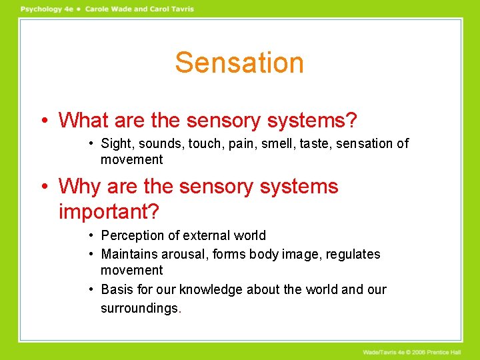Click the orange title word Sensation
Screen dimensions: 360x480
click(x=239, y=63)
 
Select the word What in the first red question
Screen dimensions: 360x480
click(x=84, y=121)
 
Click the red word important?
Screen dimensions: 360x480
click(x=109, y=211)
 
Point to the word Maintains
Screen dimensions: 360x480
click(x=129, y=255)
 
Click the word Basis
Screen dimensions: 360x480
click(x=117, y=289)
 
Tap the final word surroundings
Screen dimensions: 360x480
click(x=141, y=309)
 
